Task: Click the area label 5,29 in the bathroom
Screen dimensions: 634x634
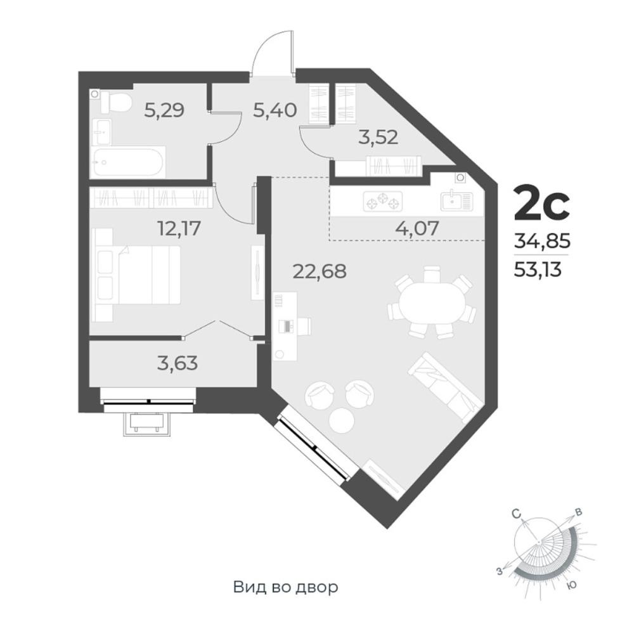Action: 164,110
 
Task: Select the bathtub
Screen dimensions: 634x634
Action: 128,162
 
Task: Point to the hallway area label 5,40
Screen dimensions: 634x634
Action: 275,110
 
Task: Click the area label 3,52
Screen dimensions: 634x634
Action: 378,137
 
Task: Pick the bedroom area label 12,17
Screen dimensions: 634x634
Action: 179,228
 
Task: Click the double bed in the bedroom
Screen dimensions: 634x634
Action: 137,275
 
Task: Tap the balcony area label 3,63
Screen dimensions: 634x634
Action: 178,363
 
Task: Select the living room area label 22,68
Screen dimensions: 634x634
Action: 320,271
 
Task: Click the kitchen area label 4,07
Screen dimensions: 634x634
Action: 417,228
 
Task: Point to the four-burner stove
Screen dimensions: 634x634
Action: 382,201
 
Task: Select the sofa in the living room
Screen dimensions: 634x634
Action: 446,386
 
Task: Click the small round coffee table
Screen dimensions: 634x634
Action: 342,420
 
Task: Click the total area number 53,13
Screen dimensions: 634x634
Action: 538,269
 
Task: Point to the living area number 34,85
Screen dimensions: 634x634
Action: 542,242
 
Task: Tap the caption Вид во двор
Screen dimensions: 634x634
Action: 285,586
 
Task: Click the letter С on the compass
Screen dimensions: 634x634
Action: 516,514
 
